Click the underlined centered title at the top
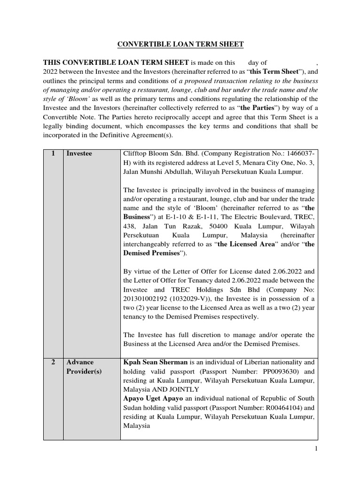pos(180,44)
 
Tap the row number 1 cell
pos(53,154)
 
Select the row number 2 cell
pos(53,362)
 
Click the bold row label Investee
pos(79,154)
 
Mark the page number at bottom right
pos(316,449)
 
